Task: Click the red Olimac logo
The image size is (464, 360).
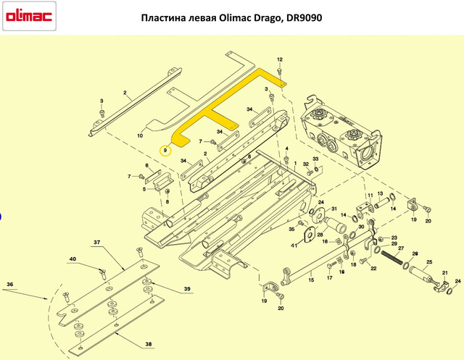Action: click(x=29, y=16)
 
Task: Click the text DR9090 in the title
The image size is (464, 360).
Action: click(x=304, y=18)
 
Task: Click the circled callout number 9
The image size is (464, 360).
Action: click(x=165, y=151)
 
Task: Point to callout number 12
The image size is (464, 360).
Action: click(x=280, y=59)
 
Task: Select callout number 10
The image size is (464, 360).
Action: click(x=140, y=135)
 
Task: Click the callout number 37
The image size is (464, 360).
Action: click(x=96, y=243)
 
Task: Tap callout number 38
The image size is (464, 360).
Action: click(x=149, y=344)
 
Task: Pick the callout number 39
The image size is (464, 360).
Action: click(x=187, y=289)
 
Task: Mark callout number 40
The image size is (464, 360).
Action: click(x=72, y=259)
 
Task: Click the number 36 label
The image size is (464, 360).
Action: click(x=9, y=285)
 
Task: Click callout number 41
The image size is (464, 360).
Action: click(x=294, y=246)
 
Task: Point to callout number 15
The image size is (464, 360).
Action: click(x=311, y=280)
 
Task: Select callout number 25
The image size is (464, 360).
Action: click(x=429, y=262)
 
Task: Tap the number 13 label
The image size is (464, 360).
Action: click(x=380, y=193)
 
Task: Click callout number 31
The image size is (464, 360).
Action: click(x=334, y=209)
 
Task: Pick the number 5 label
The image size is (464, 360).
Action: click(x=144, y=189)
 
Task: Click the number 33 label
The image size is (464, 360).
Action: click(x=316, y=159)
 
